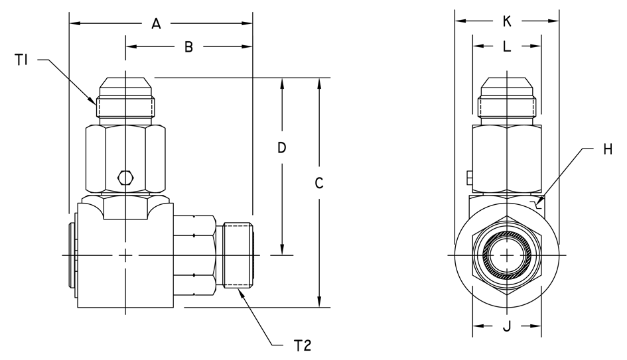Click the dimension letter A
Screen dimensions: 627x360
click(x=156, y=24)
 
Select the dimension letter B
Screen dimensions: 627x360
click(x=188, y=47)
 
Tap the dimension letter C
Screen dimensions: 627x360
click(x=318, y=183)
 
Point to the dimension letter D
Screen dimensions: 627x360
click(x=282, y=148)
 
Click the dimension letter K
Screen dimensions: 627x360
click(x=507, y=21)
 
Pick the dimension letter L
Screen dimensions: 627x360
click(x=507, y=46)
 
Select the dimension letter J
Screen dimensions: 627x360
click(x=507, y=326)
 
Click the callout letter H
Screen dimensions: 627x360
click(x=608, y=149)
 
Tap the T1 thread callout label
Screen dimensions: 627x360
click(x=21, y=60)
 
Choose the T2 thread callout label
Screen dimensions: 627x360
click(x=303, y=345)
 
